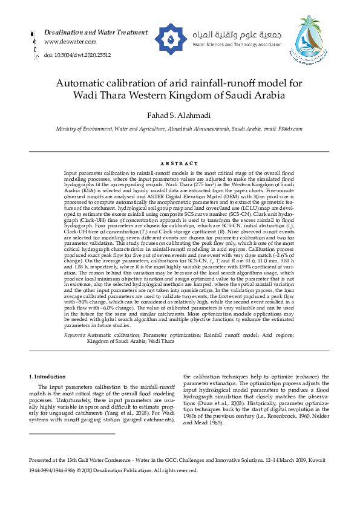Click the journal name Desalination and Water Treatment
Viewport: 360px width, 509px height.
(x=90, y=31)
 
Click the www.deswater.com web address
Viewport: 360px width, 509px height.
(x=70, y=42)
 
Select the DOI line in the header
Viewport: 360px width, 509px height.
(x=77, y=55)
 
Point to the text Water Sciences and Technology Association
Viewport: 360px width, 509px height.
(x=237, y=45)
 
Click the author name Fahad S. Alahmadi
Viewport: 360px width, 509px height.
(x=180, y=115)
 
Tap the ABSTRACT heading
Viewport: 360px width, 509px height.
(x=180, y=164)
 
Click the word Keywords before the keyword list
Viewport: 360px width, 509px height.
(x=75, y=334)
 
